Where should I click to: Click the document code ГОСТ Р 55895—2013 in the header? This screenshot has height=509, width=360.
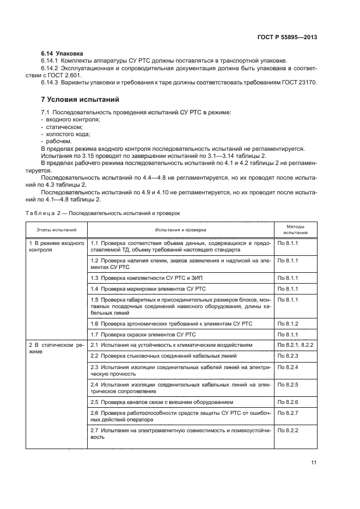288,37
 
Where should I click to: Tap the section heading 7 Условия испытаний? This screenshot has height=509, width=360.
81,100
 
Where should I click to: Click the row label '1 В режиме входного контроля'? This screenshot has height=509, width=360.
56,247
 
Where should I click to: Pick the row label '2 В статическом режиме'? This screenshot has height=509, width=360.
56,348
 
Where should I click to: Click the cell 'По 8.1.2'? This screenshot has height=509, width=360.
288,324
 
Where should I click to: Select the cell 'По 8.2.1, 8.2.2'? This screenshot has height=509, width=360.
296,345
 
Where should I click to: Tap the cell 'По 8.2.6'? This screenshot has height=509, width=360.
288,402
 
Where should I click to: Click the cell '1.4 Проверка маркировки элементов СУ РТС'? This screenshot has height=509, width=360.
148,288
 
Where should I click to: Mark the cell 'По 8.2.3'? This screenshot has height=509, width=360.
288,355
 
